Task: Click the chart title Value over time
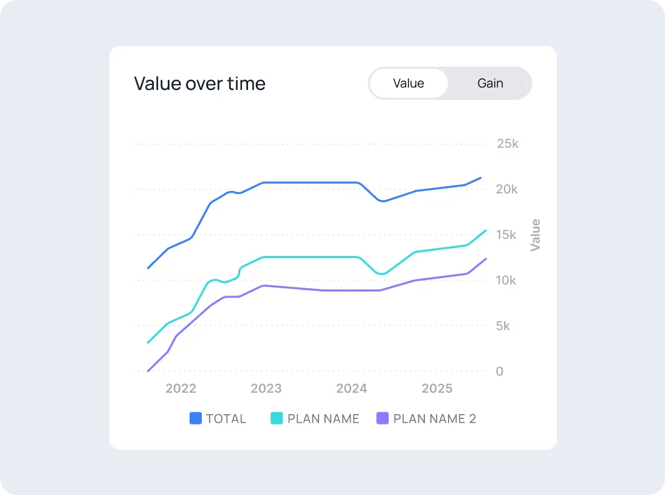coord(199,83)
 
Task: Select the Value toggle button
coord(408,83)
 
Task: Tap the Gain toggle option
coord(490,83)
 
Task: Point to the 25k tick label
coord(508,144)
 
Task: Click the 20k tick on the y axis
coord(508,189)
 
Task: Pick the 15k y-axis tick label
coord(506,235)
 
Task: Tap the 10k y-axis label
coord(506,280)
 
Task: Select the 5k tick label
coord(503,326)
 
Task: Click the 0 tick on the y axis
coord(500,372)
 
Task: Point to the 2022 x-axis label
coord(181,389)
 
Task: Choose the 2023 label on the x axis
coord(266,389)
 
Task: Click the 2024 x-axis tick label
coord(351,389)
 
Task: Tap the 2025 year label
coord(437,389)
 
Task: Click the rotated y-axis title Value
coord(536,235)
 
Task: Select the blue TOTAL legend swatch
coord(196,418)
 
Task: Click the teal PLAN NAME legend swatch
coord(277,418)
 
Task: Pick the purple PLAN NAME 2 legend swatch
coord(383,418)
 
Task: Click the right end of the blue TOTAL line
coord(481,178)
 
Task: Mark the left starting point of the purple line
coord(148,371)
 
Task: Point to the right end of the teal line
coord(486,230)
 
